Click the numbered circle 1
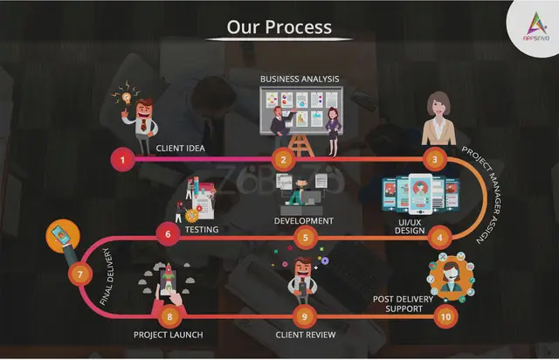123,160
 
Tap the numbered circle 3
434,160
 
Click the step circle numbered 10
446,315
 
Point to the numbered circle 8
170,315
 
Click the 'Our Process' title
279,27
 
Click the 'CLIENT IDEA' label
181,149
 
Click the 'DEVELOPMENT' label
303,221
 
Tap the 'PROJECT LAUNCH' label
169,335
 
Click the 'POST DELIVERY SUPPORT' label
404,304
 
